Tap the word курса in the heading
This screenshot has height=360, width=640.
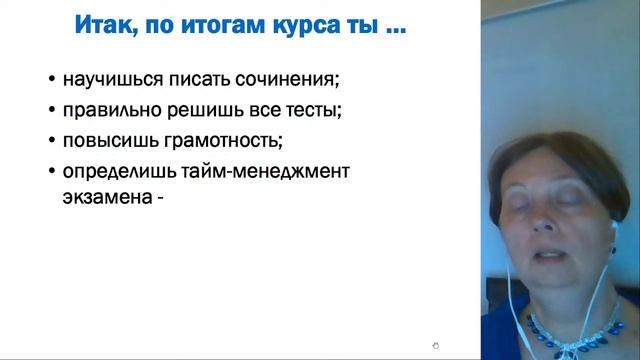[x=290, y=24]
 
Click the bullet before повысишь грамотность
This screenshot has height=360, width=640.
[x=51, y=141]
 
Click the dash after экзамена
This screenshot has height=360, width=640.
[x=158, y=198]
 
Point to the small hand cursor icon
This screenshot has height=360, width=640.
[x=435, y=346]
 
